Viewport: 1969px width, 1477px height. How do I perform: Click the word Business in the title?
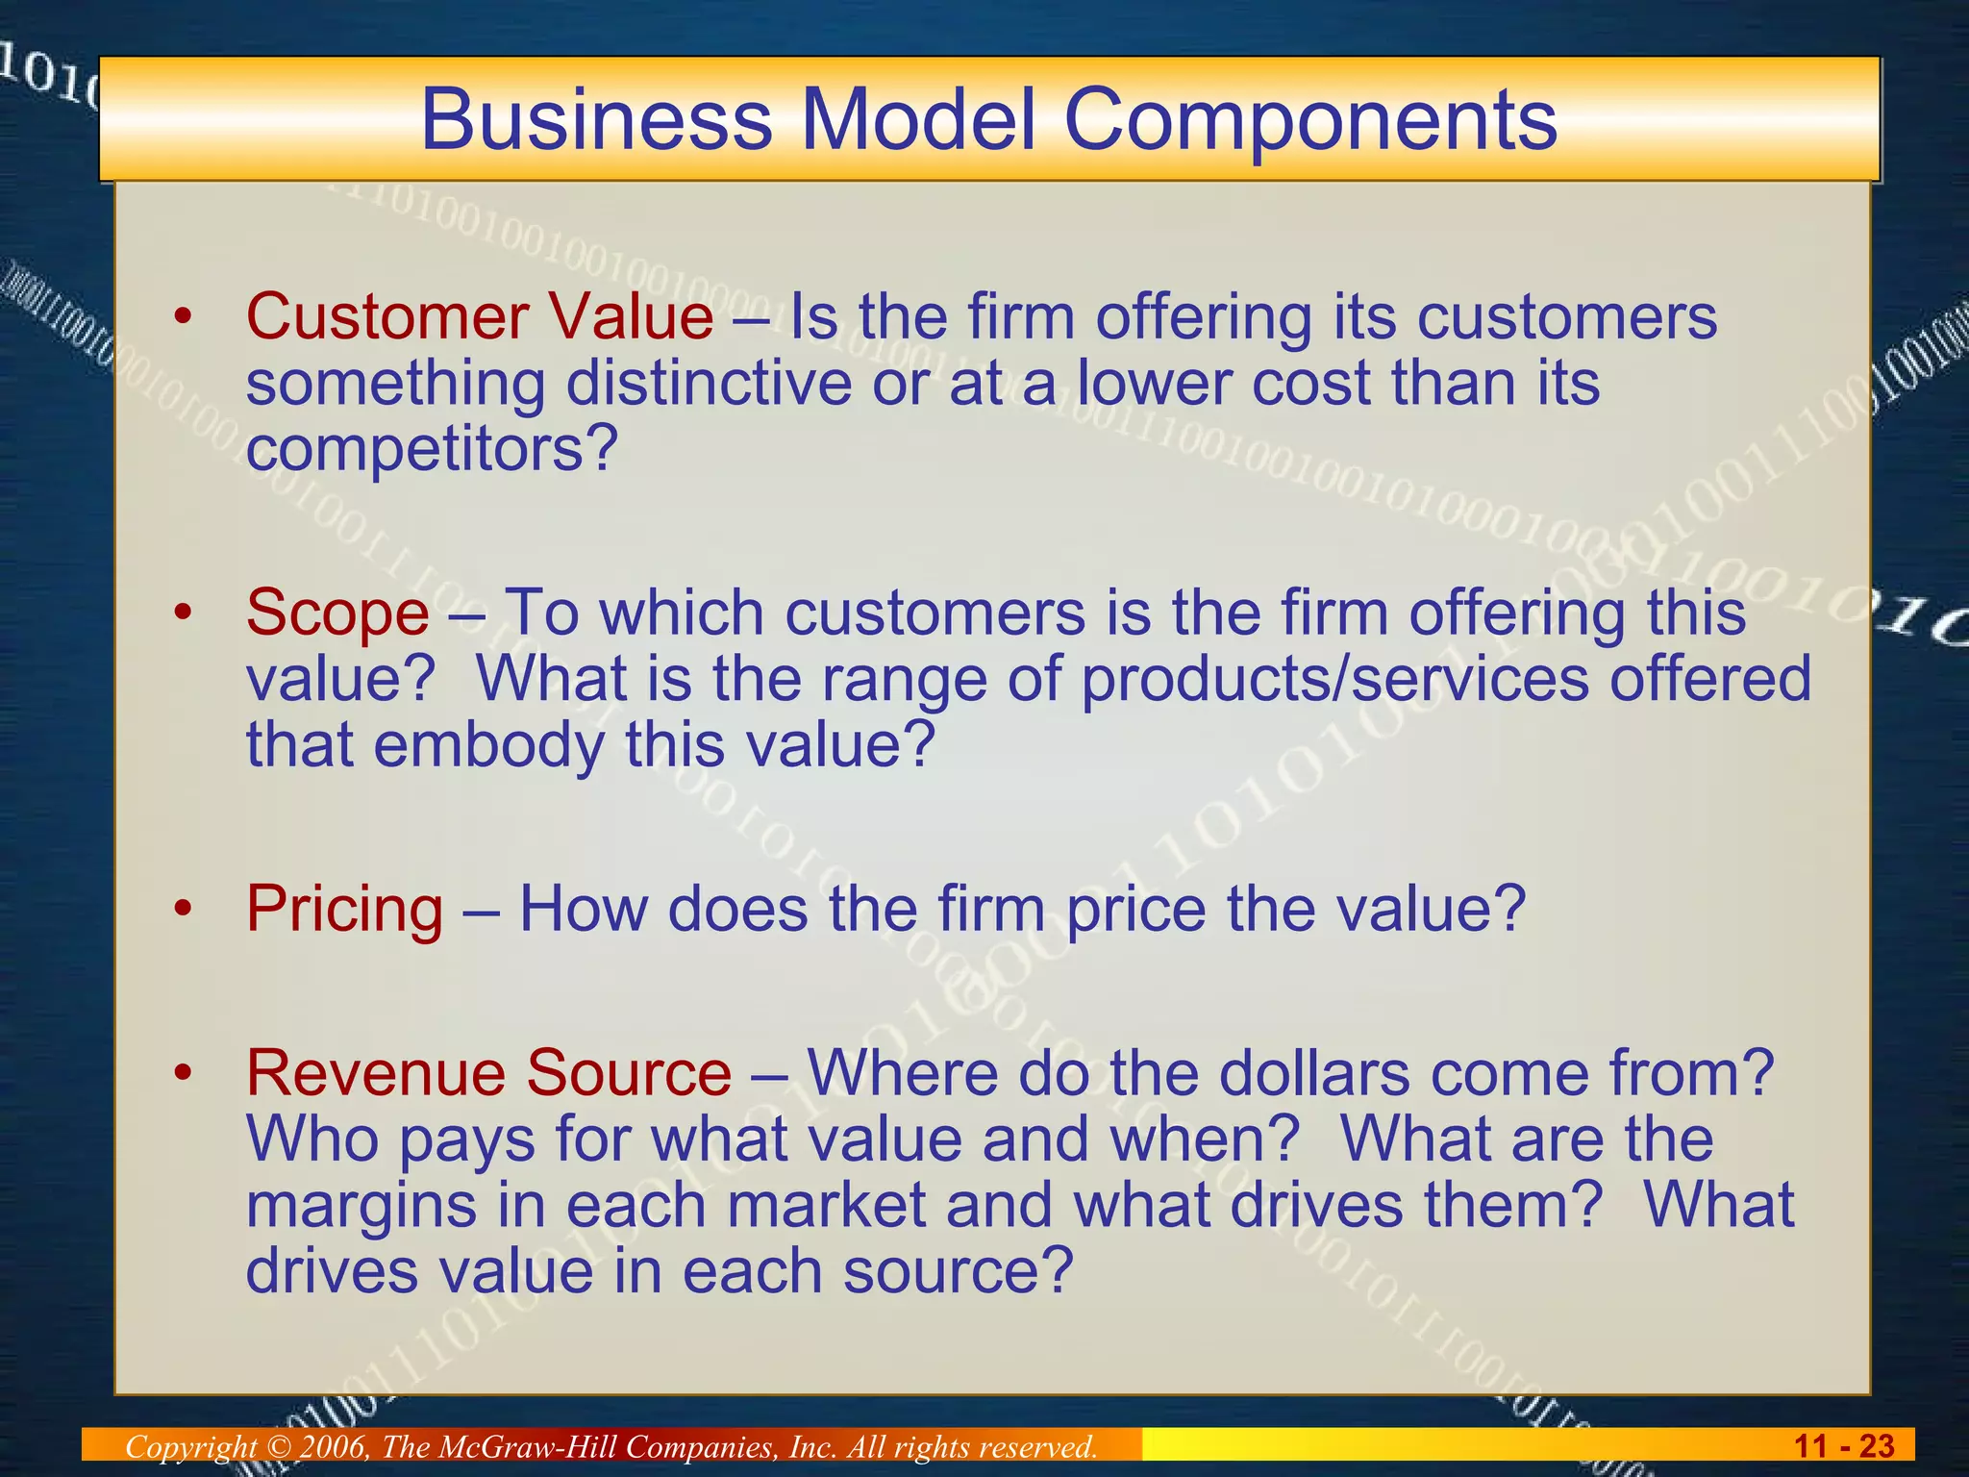(x=596, y=120)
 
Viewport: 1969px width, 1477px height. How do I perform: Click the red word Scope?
(x=337, y=613)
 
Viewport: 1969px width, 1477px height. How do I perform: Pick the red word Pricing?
(x=345, y=909)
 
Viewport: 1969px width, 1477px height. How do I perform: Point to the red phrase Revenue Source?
(x=488, y=1073)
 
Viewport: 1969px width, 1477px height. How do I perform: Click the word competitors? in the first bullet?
(x=431, y=449)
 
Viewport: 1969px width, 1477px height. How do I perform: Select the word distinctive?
(x=709, y=383)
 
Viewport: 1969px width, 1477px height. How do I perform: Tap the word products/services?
(x=1334, y=679)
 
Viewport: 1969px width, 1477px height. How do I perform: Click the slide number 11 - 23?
(x=1843, y=1446)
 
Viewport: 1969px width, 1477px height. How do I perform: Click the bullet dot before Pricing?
(x=184, y=909)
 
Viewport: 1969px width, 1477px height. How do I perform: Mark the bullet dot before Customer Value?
(x=184, y=316)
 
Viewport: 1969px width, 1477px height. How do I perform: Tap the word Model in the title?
(x=918, y=120)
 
